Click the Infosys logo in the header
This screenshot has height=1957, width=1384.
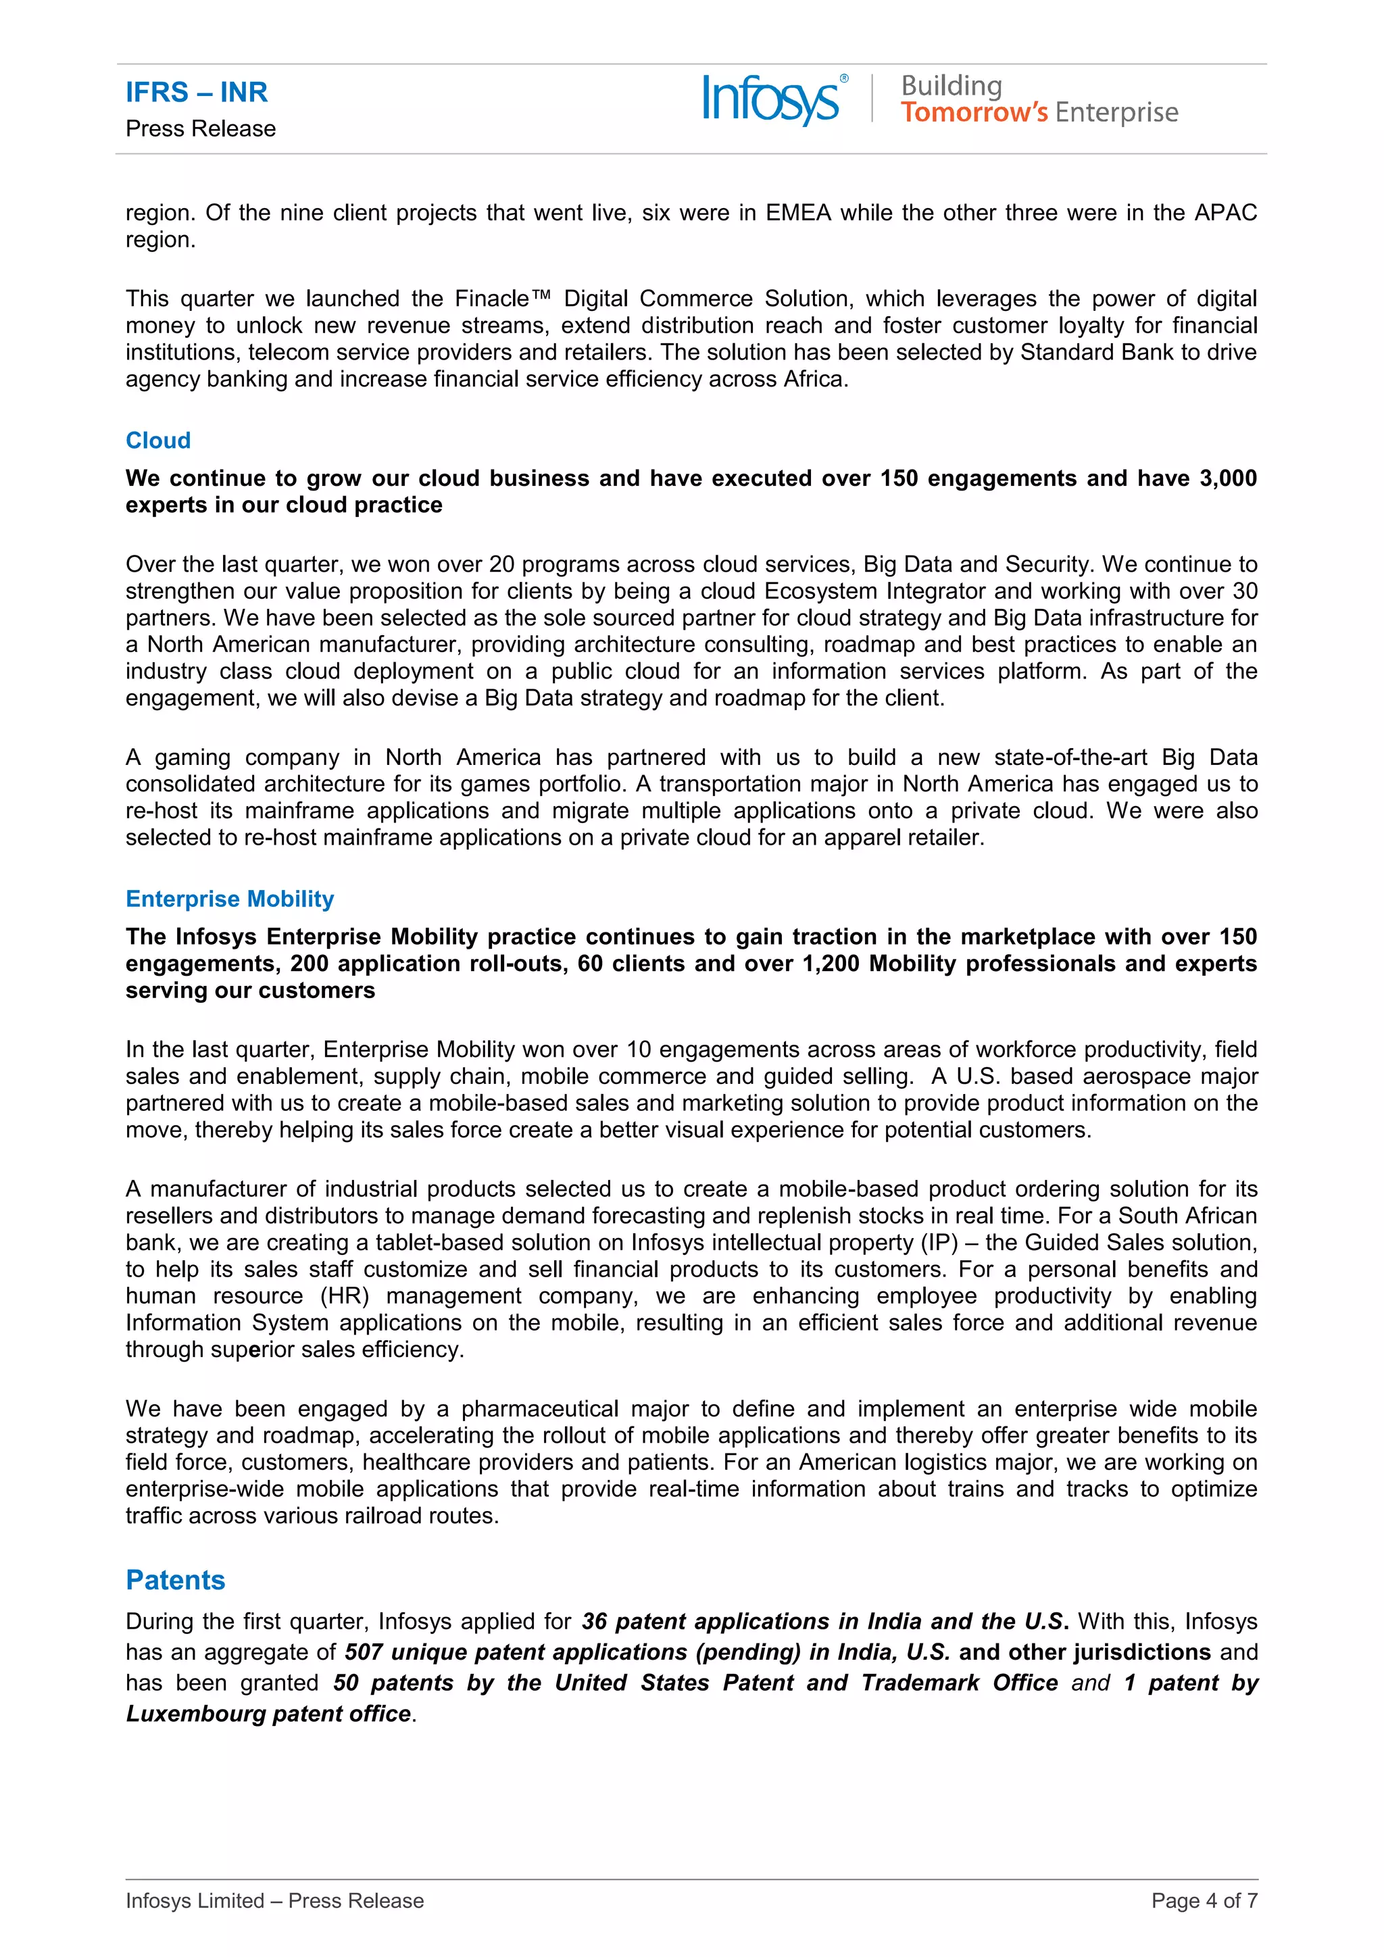[x=771, y=100]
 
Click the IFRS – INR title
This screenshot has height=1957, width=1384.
[x=197, y=92]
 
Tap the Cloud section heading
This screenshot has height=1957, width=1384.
[x=159, y=441]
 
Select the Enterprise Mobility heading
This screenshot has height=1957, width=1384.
[x=230, y=899]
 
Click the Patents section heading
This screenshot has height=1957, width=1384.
[x=176, y=1579]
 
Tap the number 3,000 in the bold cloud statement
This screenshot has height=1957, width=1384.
[x=1227, y=478]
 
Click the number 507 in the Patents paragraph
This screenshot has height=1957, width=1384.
[x=363, y=1652]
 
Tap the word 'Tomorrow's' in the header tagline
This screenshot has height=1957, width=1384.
[x=974, y=112]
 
